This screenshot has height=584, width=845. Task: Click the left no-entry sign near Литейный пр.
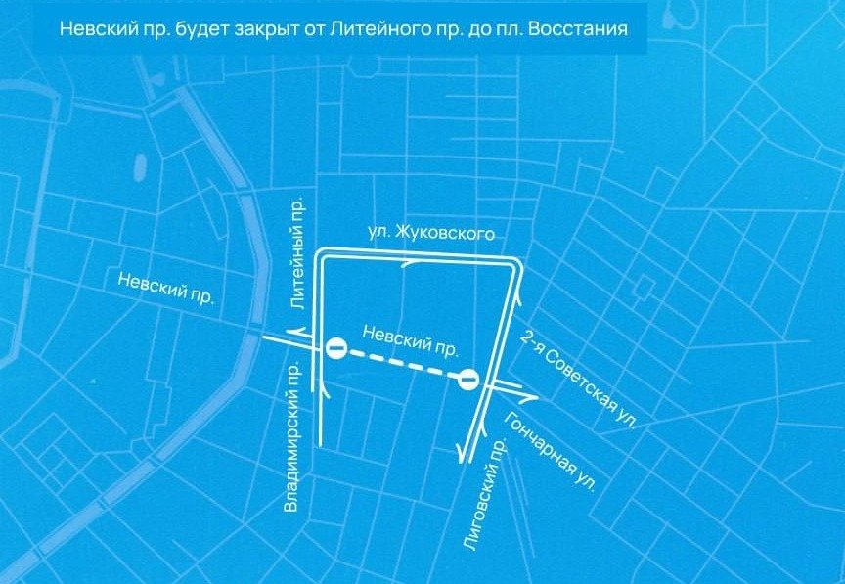(334, 347)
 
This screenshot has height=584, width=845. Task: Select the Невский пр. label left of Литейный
(165, 291)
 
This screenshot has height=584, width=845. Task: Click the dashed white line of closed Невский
(401, 364)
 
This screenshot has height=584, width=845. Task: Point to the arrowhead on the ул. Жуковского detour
(409, 263)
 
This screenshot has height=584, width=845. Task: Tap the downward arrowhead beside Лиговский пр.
(460, 449)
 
